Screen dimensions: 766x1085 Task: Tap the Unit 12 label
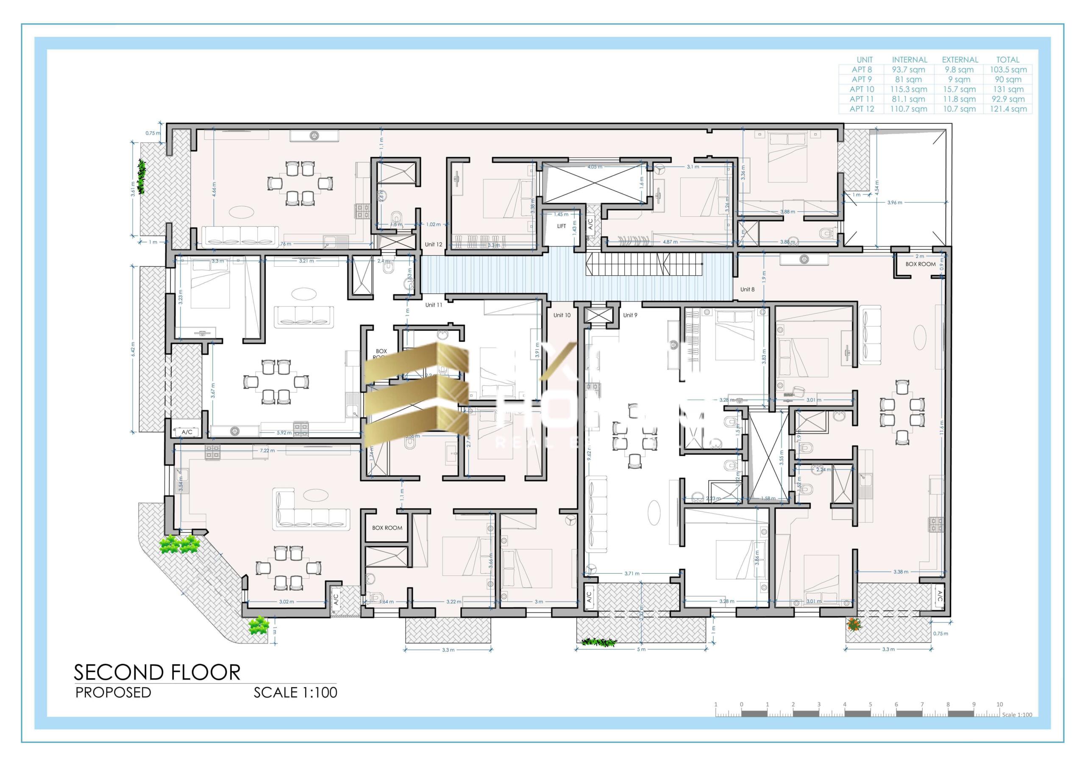[x=433, y=244]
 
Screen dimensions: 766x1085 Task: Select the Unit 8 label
[x=747, y=289]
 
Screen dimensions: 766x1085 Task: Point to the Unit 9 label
[x=630, y=315]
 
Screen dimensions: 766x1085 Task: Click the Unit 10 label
[x=562, y=315]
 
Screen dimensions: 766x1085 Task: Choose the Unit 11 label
[x=433, y=304]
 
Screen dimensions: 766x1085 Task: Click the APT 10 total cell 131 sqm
[x=1008, y=89]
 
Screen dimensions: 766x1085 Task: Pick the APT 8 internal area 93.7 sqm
[x=908, y=69]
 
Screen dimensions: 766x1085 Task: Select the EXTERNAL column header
[x=960, y=60]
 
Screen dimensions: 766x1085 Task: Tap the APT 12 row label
[x=862, y=109]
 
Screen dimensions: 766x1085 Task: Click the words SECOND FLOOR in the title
[x=157, y=672]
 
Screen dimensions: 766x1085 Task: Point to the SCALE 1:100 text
[x=295, y=692]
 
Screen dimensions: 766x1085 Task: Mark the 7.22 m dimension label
[x=267, y=451]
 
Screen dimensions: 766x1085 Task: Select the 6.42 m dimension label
[x=133, y=349]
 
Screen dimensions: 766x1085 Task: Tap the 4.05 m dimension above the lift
[x=595, y=167]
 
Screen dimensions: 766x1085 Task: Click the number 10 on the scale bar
[x=999, y=704]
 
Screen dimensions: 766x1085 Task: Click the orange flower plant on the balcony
[x=853, y=624]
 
